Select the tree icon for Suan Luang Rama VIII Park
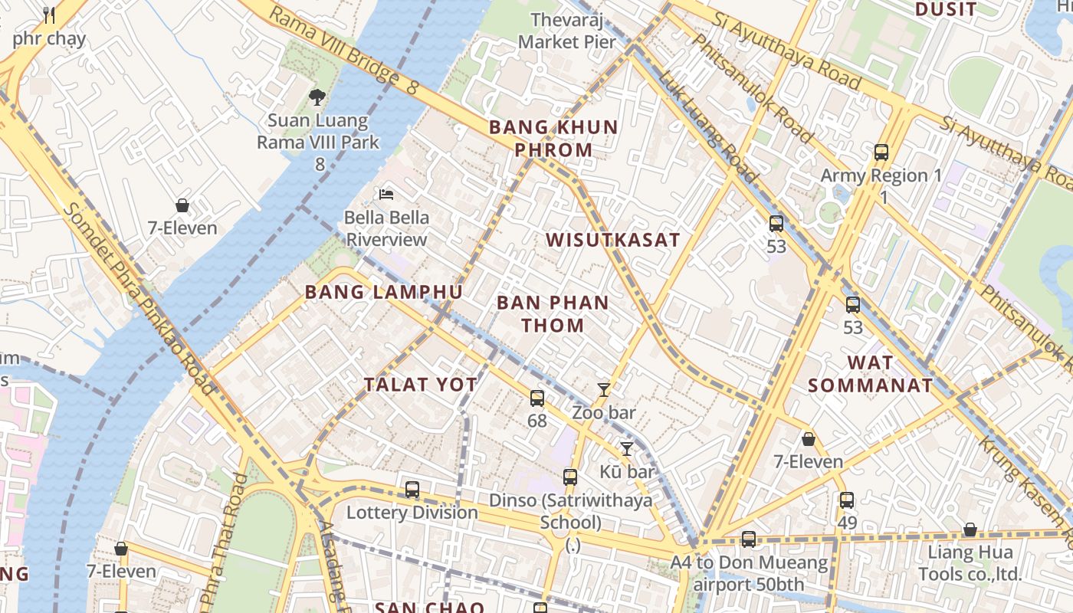317,97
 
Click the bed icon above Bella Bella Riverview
386,194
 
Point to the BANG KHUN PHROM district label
553,138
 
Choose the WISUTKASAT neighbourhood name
612,240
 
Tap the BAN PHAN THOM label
553,313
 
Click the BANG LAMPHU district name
383,292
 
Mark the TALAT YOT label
421,385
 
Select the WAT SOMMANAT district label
871,374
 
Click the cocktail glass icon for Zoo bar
604,390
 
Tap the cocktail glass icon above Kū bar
627,449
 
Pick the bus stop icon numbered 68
537,398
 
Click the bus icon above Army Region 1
881,152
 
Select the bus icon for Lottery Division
412,490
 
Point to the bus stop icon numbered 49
847,500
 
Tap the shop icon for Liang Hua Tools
970,529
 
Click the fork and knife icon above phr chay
49,15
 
